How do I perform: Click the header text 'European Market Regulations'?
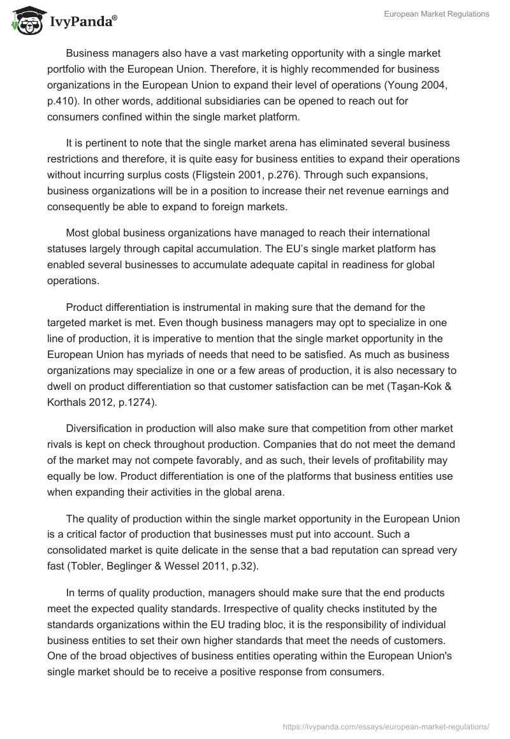(437, 14)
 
